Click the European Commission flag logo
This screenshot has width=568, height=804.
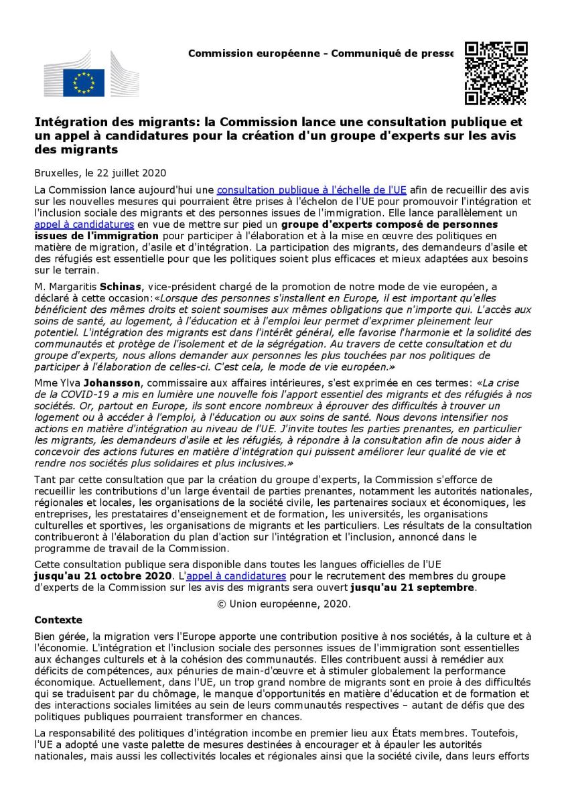(84, 82)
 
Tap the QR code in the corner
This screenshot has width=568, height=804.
(496, 73)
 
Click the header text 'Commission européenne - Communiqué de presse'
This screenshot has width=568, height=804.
(321, 53)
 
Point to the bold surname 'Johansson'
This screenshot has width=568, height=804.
(135, 383)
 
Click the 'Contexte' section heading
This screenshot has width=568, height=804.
(58, 620)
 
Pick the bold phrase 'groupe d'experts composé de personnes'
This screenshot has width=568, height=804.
(389, 224)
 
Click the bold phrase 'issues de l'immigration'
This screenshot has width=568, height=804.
(96, 236)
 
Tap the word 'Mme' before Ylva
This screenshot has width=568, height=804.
(44, 383)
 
